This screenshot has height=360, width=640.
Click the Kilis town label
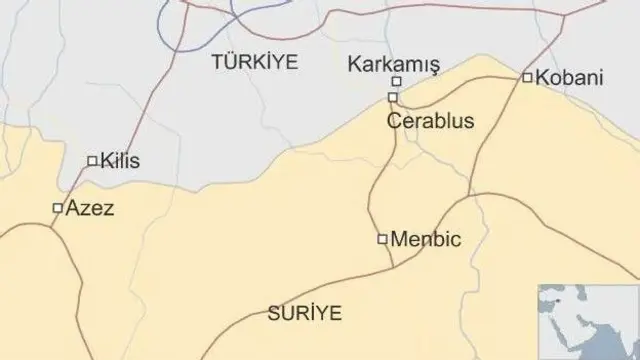click(x=120, y=160)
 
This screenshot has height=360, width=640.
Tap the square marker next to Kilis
click(x=92, y=160)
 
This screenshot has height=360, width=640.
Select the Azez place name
click(x=90, y=209)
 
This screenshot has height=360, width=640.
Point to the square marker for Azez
click(x=57, y=208)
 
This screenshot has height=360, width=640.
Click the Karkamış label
click(x=393, y=64)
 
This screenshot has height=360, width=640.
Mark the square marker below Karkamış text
click(x=396, y=82)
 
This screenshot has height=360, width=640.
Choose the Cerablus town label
click(x=431, y=122)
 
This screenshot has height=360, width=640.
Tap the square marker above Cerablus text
click(x=393, y=97)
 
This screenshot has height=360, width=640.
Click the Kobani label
click(x=569, y=77)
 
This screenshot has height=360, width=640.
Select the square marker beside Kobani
click(x=527, y=77)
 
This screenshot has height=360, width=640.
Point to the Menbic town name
click(x=427, y=239)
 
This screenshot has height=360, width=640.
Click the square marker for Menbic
click(x=382, y=238)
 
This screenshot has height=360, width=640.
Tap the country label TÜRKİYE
click(x=255, y=62)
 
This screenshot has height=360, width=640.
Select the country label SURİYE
click(x=304, y=313)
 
